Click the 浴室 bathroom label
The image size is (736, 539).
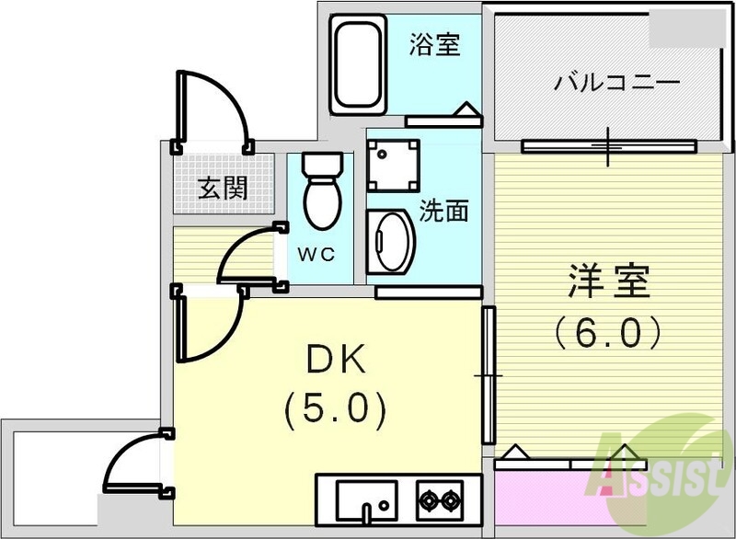coord(434,43)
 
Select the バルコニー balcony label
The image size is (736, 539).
coord(616,83)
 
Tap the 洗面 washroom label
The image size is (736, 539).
coord(443,211)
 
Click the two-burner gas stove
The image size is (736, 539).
coord(439,501)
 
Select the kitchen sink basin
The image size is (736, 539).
coord(365,500)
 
